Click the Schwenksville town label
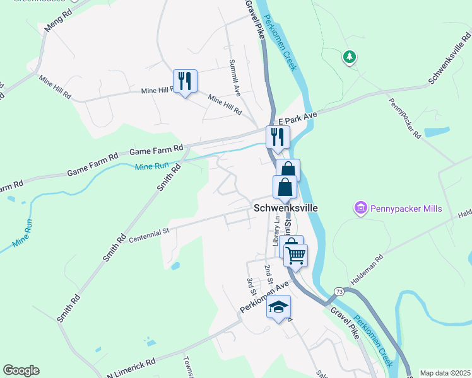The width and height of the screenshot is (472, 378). pyautogui.click(x=285, y=207)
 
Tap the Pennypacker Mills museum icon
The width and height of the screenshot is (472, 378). pyautogui.click(x=361, y=208)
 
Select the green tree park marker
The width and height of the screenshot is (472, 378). pyautogui.click(x=348, y=58)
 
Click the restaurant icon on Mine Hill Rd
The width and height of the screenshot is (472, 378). pyautogui.click(x=185, y=81)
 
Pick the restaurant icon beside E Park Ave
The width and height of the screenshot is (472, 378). pyautogui.click(x=278, y=137)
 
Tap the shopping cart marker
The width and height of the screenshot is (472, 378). pyautogui.click(x=295, y=255)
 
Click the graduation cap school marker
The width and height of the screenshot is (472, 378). pyautogui.click(x=278, y=307)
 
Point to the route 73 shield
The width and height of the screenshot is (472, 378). pyautogui.click(x=339, y=292)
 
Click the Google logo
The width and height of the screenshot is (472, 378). pyautogui.click(x=21, y=370)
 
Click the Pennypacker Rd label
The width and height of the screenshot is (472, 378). pyautogui.click(x=404, y=118)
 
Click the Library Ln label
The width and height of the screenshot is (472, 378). pyautogui.click(x=276, y=231)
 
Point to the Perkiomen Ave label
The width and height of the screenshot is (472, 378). pyautogui.click(x=264, y=299)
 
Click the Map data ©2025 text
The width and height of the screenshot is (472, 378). pyautogui.click(x=445, y=373)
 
